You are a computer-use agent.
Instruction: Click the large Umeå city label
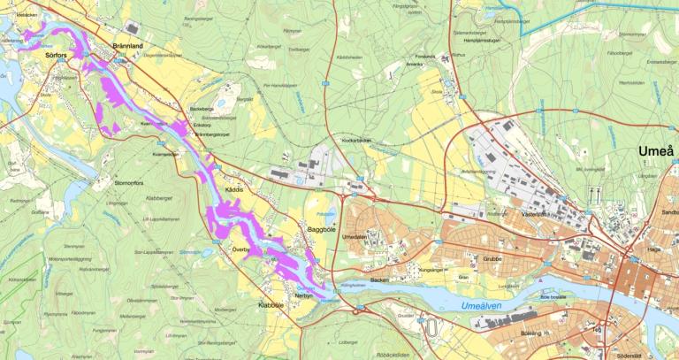(656, 151)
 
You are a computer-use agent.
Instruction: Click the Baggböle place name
(322, 229)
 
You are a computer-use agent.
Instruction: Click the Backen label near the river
(380, 280)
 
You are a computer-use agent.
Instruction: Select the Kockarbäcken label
(359, 141)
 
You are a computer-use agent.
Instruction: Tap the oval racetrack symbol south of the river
(432, 326)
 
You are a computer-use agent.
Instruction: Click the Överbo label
(240, 250)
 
